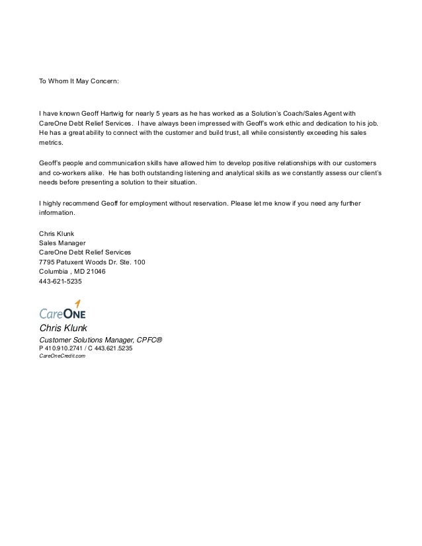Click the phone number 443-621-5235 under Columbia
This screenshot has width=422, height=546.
(61, 282)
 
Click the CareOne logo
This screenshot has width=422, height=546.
(62, 312)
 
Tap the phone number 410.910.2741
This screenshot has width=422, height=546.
(69, 348)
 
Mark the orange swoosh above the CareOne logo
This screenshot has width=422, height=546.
(77, 303)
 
